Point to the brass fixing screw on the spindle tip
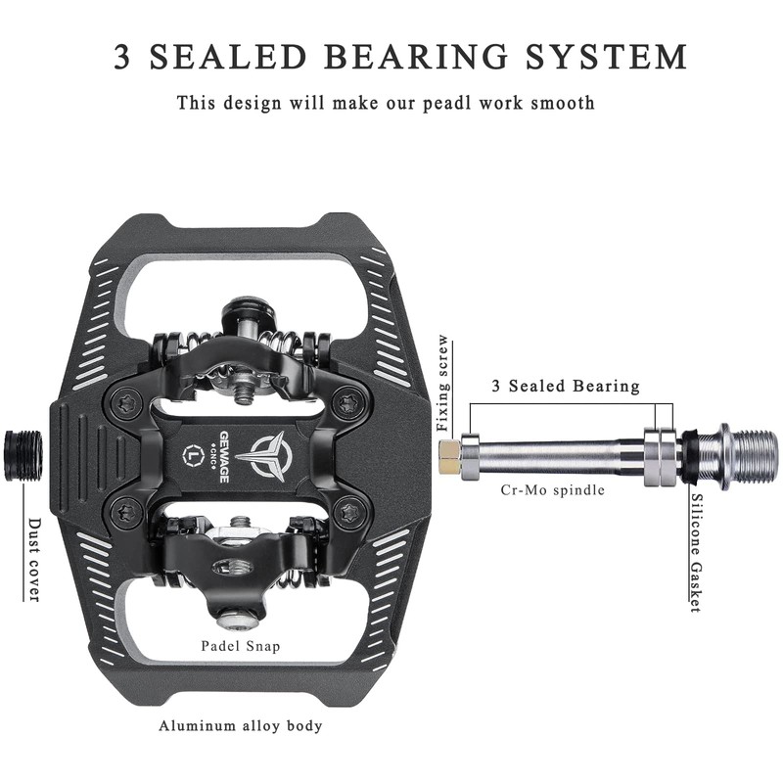[449, 452]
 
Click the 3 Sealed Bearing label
[565, 386]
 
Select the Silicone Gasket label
[696, 552]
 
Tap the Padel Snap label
[241, 646]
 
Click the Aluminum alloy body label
[241, 726]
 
